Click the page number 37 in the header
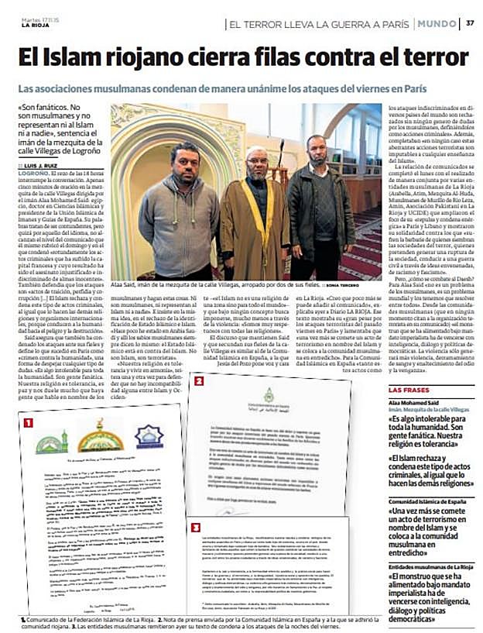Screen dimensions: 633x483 469,22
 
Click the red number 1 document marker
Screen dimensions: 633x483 28,423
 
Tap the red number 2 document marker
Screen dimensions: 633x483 198,380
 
